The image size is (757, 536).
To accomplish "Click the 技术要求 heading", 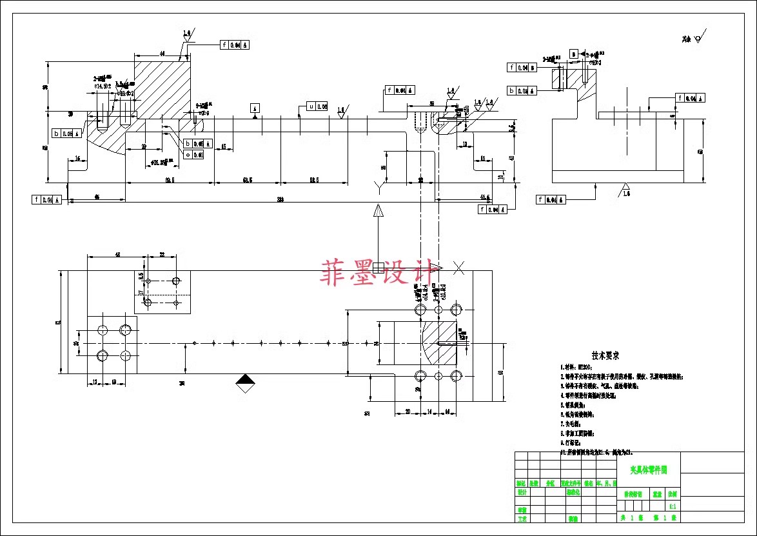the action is (x=605, y=355).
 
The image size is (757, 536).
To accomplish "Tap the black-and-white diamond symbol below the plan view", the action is (x=244, y=383).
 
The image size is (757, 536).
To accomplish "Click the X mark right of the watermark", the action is (x=459, y=267).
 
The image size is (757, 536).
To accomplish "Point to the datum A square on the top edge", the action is (x=255, y=108).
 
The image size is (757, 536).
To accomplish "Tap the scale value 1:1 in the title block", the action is (x=673, y=506).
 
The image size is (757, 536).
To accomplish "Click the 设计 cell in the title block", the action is (x=522, y=491).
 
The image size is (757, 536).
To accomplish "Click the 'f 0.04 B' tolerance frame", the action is (x=522, y=67).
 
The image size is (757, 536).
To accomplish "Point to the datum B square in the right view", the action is (x=573, y=54).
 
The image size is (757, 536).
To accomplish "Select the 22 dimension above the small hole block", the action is (x=162, y=255).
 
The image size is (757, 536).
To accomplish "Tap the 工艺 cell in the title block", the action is (x=522, y=518).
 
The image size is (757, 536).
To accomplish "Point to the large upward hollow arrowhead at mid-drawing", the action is (x=378, y=211).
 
